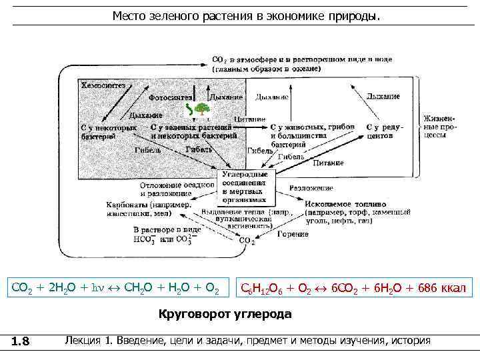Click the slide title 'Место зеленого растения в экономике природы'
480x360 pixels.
(247, 15)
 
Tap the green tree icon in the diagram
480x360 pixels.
(203, 107)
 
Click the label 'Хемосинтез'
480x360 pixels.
(103, 86)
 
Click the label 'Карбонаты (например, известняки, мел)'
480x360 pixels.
(147, 209)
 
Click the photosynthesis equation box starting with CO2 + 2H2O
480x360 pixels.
(116, 287)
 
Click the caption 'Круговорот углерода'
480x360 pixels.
(225, 313)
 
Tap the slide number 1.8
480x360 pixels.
(21, 342)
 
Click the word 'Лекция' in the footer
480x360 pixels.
(84, 341)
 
